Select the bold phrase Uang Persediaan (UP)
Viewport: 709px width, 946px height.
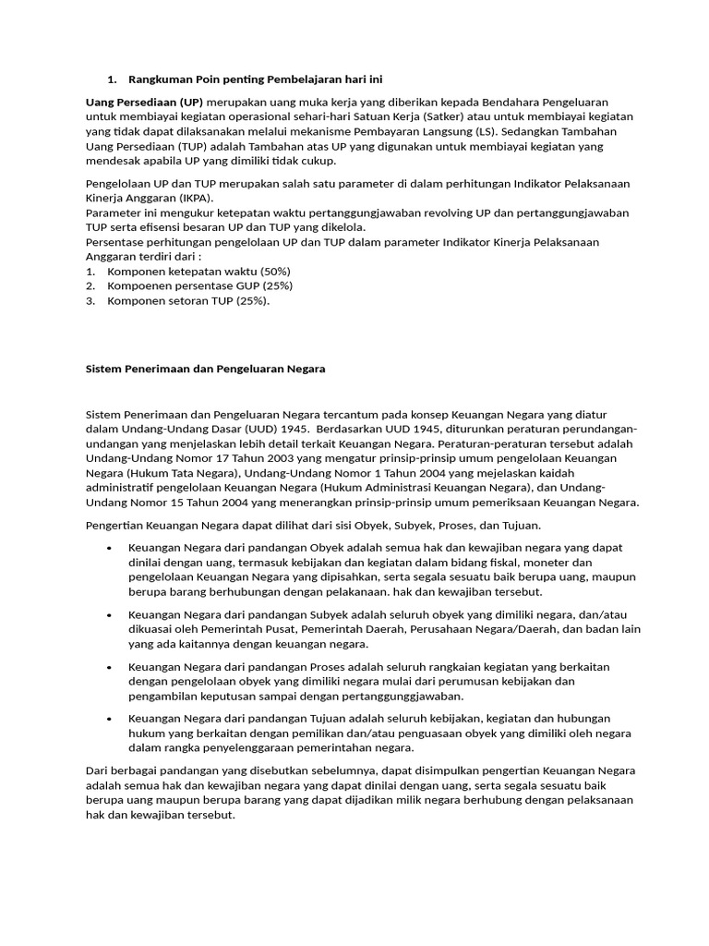(143, 101)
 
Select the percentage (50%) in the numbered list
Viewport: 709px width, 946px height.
(273, 272)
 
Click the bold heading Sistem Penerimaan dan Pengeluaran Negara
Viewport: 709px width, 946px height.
(205, 369)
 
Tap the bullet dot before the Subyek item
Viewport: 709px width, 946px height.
(110, 614)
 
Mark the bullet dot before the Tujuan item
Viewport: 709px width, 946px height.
(110, 719)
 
